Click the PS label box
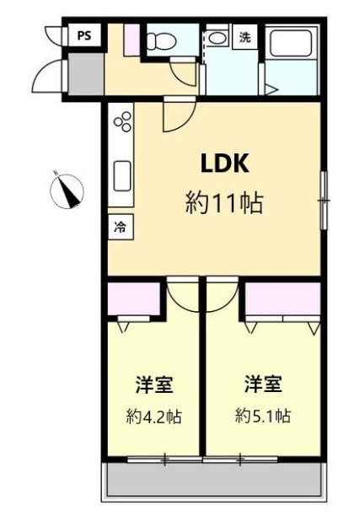84,35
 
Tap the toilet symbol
162,41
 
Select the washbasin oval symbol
216,37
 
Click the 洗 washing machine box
244,37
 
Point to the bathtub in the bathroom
291,43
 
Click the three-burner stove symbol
122,121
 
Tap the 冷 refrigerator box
121,227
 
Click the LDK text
225,164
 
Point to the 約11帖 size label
225,203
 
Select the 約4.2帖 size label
154,417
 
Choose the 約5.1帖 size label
263,416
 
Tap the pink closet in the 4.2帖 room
134,298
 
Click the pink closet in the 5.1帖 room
283,298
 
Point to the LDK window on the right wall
324,200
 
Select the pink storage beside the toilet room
132,40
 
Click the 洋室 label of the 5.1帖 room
263,384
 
